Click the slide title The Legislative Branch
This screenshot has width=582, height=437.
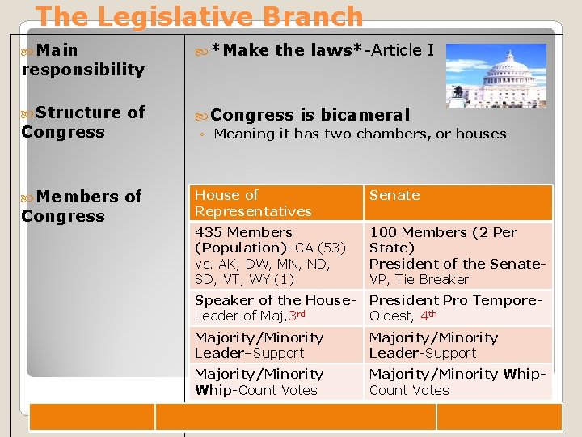[200, 16]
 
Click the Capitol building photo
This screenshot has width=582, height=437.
[496, 75]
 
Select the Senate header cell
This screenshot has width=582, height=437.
[458, 202]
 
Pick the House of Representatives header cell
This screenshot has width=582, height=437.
[276, 203]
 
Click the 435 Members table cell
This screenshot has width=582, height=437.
[276, 256]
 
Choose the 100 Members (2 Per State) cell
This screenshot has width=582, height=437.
[458, 256]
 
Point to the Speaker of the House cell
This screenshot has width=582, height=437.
[276, 308]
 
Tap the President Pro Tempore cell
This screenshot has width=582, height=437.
[458, 308]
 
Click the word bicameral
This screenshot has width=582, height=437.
[365, 115]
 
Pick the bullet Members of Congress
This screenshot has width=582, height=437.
[81, 206]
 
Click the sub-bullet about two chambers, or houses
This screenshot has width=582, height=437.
[360, 134]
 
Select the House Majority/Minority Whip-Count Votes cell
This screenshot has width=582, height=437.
[276, 382]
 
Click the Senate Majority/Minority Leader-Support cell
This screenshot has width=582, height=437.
[458, 345]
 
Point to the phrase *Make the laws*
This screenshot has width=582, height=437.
[285, 50]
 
